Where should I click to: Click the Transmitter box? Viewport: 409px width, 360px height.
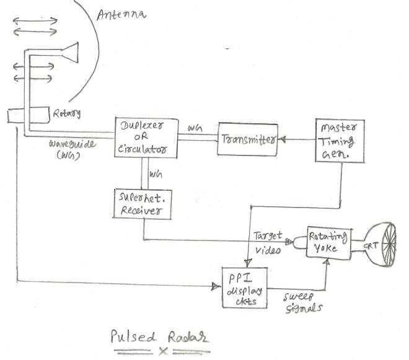pyautogui.click(x=247, y=139)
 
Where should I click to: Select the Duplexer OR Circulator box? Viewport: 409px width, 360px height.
pyautogui.click(x=146, y=136)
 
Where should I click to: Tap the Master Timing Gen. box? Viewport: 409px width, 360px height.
pyautogui.click(x=338, y=141)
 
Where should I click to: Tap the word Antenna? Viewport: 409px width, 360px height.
pyautogui.click(x=121, y=12)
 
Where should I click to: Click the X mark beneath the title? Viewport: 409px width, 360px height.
pyautogui.click(x=164, y=351)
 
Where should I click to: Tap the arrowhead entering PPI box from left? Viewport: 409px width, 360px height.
pyautogui.click(x=217, y=286)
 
